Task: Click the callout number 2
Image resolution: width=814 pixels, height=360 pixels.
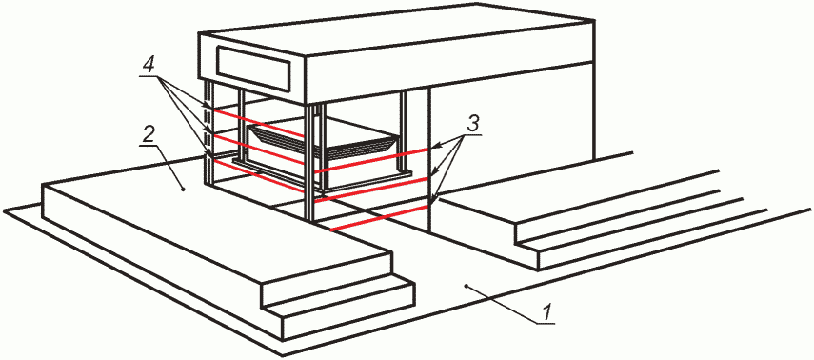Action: coord(149,135)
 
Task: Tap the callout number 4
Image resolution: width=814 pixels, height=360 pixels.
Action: coord(149,66)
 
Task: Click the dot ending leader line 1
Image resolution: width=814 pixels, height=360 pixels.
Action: coord(467,285)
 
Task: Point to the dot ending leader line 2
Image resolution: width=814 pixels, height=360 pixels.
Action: coord(183,190)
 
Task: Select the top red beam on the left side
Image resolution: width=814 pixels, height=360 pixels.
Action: coord(259,123)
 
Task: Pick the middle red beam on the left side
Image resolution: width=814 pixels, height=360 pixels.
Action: coord(259,150)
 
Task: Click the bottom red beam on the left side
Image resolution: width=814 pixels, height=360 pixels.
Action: coord(259,176)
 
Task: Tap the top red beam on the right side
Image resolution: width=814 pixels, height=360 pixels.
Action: coord(371,160)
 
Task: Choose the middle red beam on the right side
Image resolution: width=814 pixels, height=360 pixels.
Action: coord(371,190)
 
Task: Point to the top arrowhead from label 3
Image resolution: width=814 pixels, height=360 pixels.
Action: coord(433,148)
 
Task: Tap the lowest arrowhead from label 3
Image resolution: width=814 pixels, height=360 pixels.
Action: coord(436,199)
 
